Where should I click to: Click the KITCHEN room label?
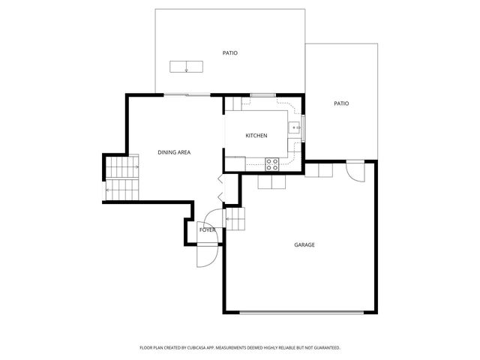pyautogui.click(x=256, y=136)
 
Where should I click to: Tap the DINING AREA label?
pyautogui.click(x=174, y=152)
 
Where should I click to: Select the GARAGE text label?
pyautogui.click(x=304, y=244)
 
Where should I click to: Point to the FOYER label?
pyautogui.click(x=207, y=229)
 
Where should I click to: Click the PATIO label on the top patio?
pyautogui.click(x=230, y=53)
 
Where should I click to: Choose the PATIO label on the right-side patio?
pyautogui.click(x=341, y=103)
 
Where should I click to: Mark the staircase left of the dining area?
pyautogui.click(x=121, y=178)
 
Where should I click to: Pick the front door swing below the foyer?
pyautogui.click(x=206, y=256)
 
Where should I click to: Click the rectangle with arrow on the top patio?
pyautogui.click(x=186, y=66)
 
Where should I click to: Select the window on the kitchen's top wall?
pyautogui.click(x=263, y=94)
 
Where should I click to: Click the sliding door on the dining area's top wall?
pyautogui.click(x=187, y=95)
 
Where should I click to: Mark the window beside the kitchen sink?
pyautogui.click(x=303, y=127)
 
